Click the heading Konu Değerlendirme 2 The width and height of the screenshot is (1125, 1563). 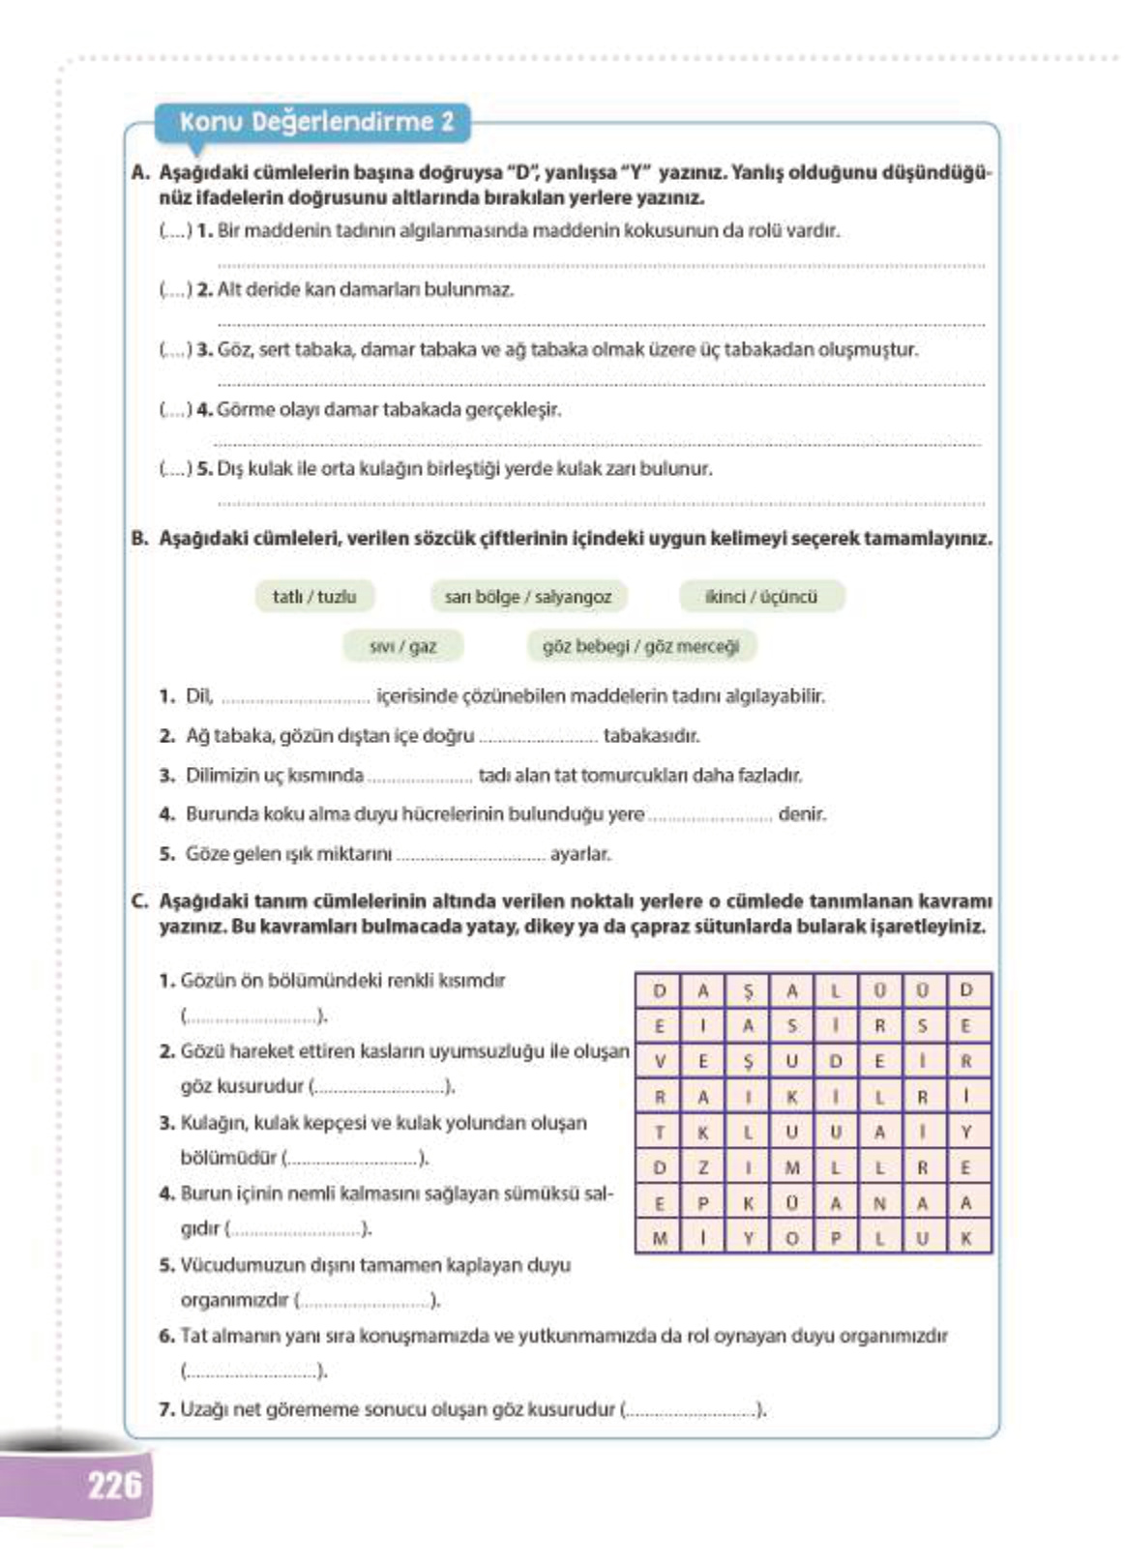coord(315,122)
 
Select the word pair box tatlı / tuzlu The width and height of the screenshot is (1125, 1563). coord(314,597)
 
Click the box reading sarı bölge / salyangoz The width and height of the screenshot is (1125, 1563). coord(528,597)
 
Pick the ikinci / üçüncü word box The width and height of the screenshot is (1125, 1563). coord(761,597)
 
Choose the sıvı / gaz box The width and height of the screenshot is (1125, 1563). coord(403,646)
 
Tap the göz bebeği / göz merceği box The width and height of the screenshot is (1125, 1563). coord(640,646)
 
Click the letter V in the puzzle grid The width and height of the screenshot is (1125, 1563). coord(660,1061)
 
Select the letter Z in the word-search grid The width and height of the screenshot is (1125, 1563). coord(703,1167)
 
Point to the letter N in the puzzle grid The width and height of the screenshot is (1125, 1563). coord(879,1203)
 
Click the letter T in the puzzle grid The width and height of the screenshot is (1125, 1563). coord(660,1132)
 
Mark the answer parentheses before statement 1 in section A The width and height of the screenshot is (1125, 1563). coord(174,231)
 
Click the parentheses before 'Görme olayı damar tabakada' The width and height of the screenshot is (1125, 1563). coord(174,409)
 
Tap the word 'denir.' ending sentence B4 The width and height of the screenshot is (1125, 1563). coord(802,814)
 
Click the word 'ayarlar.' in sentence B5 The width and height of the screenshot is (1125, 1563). coord(580,854)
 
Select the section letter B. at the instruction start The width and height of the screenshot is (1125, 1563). coord(140,539)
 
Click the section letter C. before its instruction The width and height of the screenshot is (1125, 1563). coord(140,901)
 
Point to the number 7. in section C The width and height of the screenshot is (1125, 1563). coord(166,1409)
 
